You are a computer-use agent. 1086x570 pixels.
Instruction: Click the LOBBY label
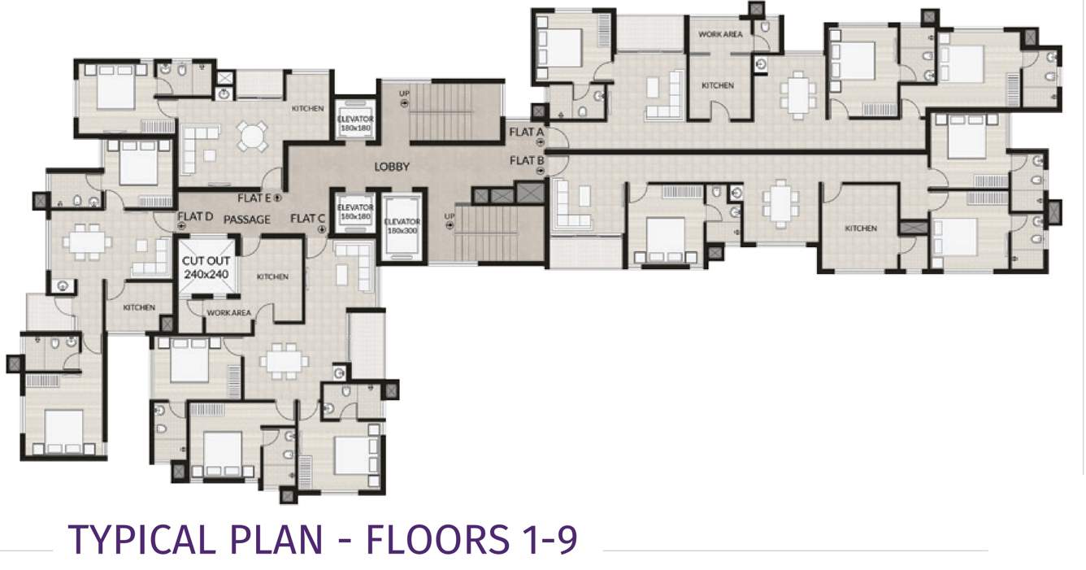392,168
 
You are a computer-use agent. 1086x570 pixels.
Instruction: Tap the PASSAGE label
247,220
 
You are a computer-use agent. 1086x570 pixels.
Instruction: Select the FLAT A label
527,132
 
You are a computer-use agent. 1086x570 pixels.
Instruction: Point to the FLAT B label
527,161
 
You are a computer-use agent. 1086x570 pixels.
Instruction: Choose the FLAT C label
307,218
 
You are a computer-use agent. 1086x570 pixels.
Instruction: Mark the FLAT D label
195,217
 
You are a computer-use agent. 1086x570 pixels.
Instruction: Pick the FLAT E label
255,198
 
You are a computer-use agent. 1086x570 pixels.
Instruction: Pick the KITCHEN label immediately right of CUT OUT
272,277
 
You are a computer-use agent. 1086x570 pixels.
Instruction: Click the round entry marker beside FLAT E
278,198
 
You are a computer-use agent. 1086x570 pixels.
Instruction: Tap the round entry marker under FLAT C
322,230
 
